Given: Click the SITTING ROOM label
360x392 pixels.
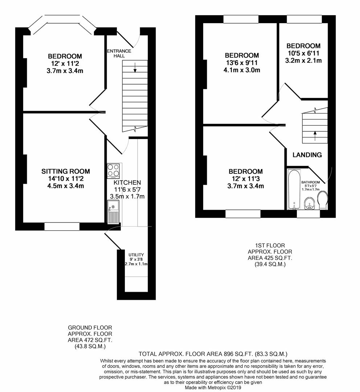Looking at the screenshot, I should [65, 171].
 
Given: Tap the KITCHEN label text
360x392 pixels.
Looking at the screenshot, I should [127, 182].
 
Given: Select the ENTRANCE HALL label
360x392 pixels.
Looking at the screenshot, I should [116, 53].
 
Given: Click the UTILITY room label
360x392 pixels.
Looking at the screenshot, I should [136, 255].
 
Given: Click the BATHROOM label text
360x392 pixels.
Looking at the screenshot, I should [310, 182].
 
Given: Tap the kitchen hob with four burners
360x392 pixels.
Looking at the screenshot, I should [114, 170].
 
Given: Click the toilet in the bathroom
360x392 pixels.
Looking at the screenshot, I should [323, 201].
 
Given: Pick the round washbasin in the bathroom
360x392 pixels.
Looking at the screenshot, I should [309, 203].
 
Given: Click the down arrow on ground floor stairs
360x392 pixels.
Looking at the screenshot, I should [135, 68].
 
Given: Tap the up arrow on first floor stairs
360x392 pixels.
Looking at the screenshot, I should [315, 136].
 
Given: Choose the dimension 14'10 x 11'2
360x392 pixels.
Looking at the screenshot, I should [65, 179].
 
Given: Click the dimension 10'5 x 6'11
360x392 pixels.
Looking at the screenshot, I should [303, 53].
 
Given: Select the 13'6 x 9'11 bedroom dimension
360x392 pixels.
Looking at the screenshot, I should [242, 63].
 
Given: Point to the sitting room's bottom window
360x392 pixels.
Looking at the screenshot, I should [62, 226].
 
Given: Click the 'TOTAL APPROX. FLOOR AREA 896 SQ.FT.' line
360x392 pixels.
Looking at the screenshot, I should [213, 354].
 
